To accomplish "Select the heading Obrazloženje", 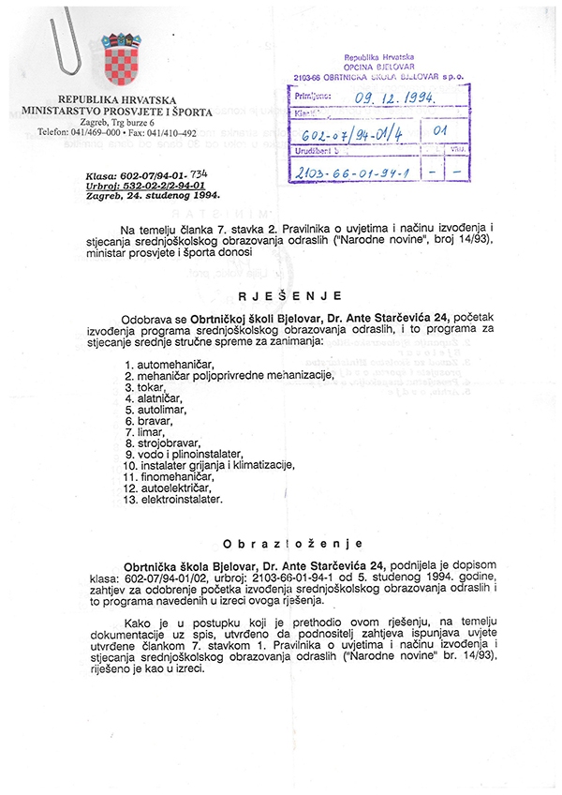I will click(x=281, y=544).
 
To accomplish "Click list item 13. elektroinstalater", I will click(x=172, y=501).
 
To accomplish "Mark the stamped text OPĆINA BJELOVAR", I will click(x=387, y=66).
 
